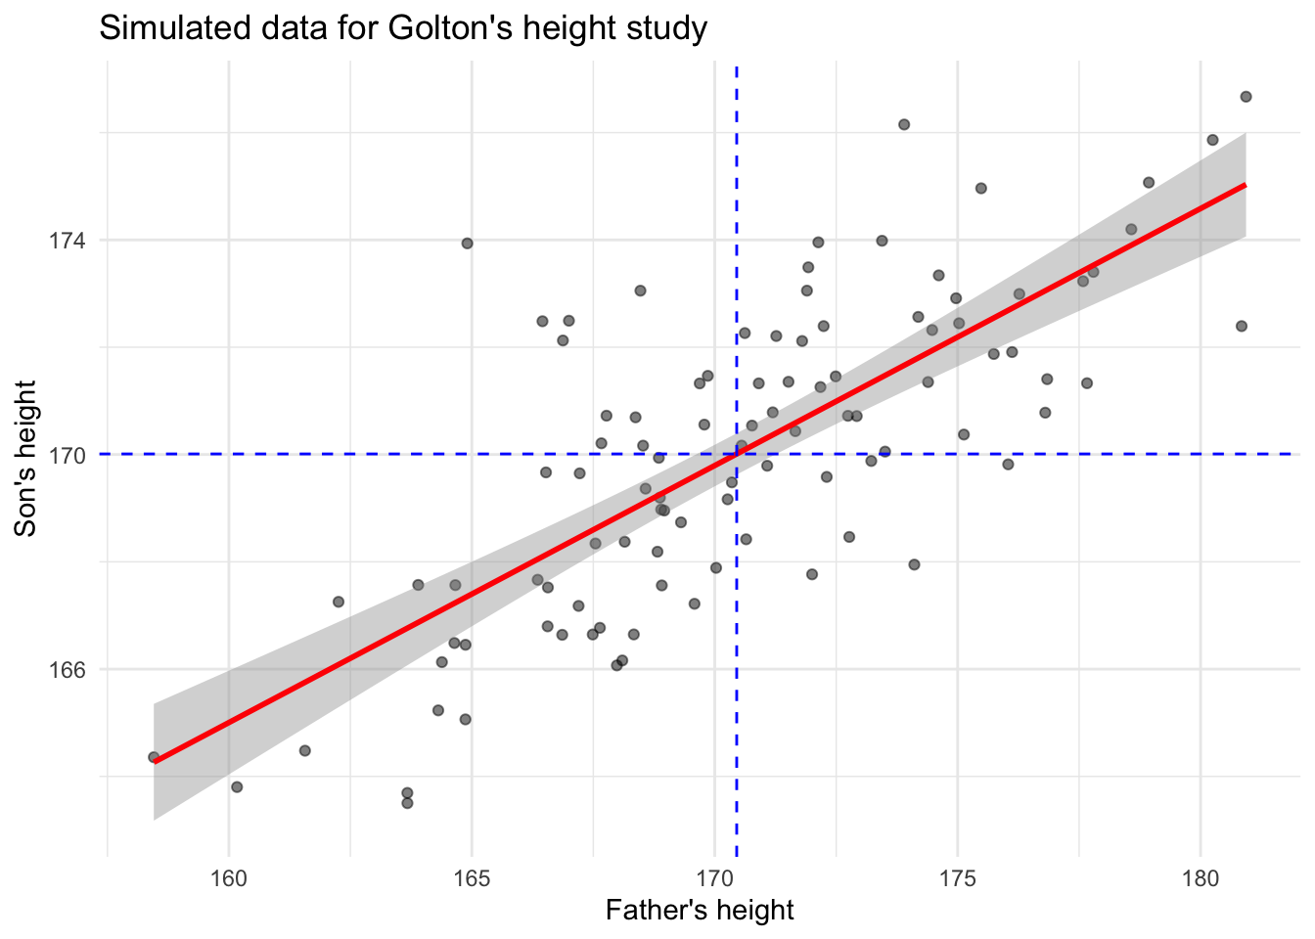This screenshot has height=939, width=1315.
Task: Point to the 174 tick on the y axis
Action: click(71, 241)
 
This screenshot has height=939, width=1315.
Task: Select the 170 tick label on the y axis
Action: click(71, 455)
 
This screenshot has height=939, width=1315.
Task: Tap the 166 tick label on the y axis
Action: click(71, 670)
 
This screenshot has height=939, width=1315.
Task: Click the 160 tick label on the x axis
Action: click(229, 877)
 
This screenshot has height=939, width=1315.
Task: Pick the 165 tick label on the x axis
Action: click(472, 877)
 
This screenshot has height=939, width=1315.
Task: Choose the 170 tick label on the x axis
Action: click(714, 877)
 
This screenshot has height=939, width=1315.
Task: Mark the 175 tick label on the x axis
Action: click(957, 877)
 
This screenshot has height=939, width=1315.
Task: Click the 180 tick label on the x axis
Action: click(1201, 877)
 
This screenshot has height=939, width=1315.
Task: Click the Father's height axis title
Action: click(700, 912)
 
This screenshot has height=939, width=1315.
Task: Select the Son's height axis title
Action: click(26, 458)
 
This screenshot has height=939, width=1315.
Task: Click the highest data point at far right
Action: click(1246, 96)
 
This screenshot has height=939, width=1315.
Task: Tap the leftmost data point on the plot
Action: click(154, 757)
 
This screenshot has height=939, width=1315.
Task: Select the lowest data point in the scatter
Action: click(407, 803)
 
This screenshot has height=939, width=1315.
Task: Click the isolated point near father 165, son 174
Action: click(467, 243)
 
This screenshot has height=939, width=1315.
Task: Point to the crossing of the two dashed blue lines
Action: click(736, 454)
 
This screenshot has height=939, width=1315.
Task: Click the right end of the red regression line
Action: click(1245, 184)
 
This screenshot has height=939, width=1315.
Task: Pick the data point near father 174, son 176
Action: click(904, 124)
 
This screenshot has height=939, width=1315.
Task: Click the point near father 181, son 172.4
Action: click(1242, 326)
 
